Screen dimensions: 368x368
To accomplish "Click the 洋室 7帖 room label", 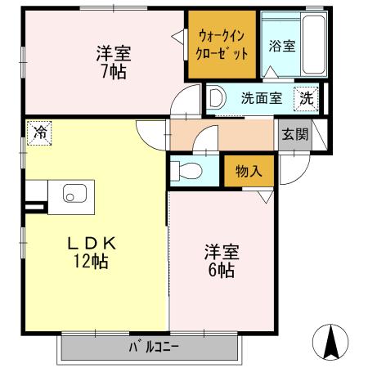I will pyautogui.click(x=113, y=61).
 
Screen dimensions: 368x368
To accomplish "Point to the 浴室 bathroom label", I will pyautogui.click(x=283, y=47).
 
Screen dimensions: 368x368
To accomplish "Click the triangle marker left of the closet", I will pyautogui.click(x=177, y=35).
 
